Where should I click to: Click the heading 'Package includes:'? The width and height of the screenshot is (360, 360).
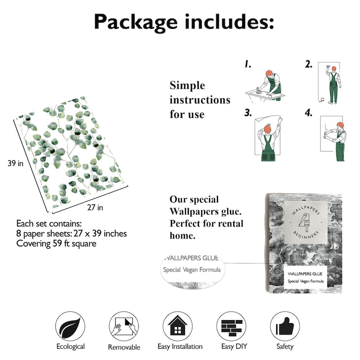(x=184, y=22)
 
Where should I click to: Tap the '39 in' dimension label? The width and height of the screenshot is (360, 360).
(x=15, y=163)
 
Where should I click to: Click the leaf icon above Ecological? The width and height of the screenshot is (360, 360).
(x=70, y=326)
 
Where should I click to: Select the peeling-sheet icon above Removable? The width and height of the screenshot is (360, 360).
(x=124, y=326)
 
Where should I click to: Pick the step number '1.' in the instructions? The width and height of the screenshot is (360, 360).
(x=248, y=65)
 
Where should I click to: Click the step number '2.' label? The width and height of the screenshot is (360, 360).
(x=309, y=65)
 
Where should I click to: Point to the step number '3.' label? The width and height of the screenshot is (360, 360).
(x=248, y=113)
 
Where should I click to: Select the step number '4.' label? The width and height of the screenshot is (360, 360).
(x=309, y=113)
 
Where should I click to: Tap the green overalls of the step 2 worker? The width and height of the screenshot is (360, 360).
(x=334, y=88)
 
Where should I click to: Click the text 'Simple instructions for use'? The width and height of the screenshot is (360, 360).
(x=200, y=100)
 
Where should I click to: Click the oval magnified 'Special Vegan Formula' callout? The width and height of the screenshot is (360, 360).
(x=192, y=270)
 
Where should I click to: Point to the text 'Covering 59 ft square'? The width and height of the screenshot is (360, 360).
(x=56, y=243)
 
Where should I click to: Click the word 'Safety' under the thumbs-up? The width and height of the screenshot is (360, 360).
(x=285, y=346)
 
